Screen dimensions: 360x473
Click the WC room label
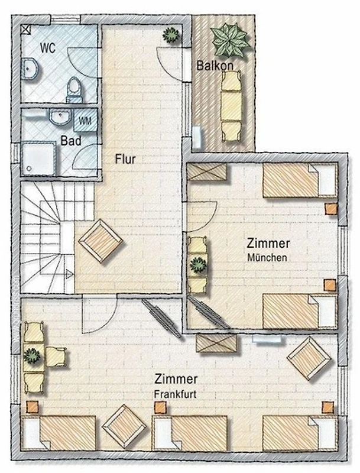point(48,48)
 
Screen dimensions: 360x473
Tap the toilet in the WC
point(73,90)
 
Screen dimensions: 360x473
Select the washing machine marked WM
point(85,121)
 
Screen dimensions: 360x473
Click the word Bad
point(71,141)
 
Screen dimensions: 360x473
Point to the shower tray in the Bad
point(38,158)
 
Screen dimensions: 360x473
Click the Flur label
point(125,159)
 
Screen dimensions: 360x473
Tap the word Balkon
point(215,66)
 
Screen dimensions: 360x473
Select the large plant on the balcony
point(231,40)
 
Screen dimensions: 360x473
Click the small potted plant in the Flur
point(171,35)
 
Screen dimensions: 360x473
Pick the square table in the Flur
point(100,241)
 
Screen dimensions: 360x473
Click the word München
point(267,258)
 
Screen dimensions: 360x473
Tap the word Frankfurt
point(175,394)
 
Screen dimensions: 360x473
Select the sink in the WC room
point(31,69)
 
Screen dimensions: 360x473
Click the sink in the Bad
point(60,116)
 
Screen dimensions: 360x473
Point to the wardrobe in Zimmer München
point(207,172)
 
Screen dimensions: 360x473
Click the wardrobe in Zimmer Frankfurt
point(216,343)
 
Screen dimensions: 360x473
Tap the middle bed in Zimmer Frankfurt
point(190,433)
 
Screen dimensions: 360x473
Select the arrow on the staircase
point(70,274)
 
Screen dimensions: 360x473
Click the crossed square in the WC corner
point(26,30)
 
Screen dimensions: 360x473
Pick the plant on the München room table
point(198,265)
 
